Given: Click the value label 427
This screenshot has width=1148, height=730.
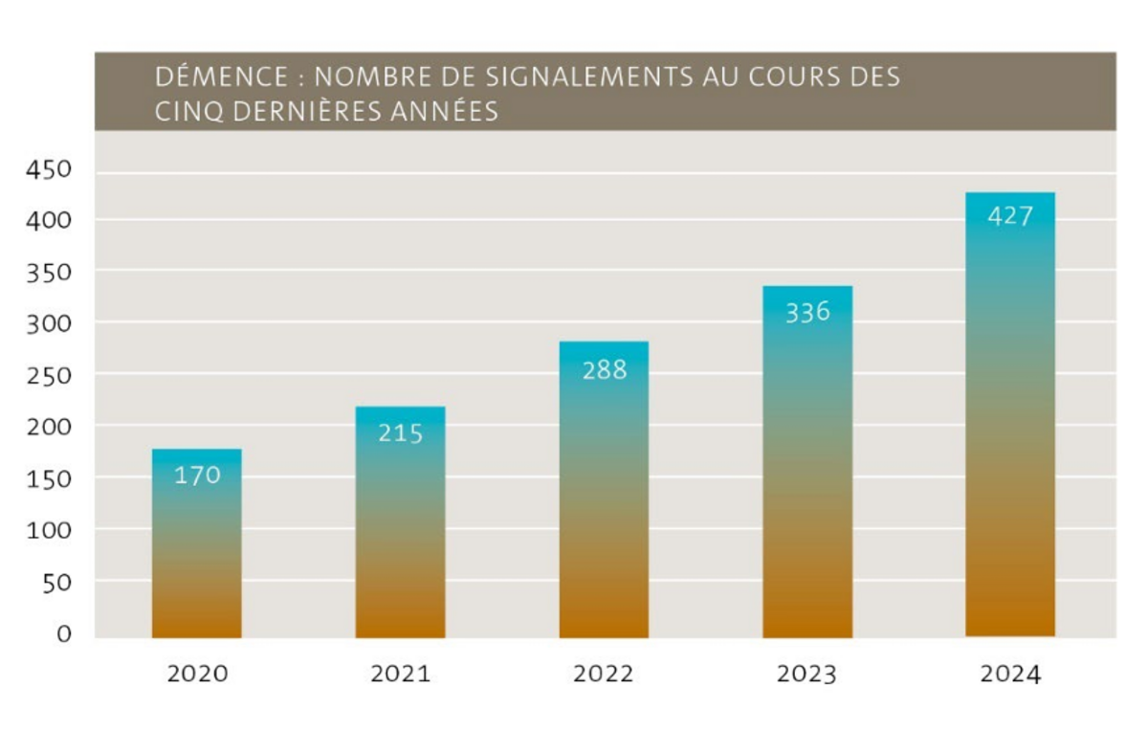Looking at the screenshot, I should click(1010, 216).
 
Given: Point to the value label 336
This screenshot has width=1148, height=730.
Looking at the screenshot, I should click(807, 312).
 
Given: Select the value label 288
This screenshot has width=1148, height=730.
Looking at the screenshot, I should click(605, 370).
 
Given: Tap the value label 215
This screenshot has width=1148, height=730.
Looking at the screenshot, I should click(400, 433).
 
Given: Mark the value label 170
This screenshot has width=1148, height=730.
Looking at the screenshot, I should click(197, 475).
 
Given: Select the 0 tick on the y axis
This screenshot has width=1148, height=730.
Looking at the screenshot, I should click(63, 633).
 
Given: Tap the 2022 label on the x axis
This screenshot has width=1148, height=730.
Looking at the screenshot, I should click(604, 674).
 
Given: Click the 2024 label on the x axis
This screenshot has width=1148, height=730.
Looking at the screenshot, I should click(1010, 674).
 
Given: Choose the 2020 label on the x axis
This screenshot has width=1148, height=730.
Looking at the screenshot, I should click(197, 674).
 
